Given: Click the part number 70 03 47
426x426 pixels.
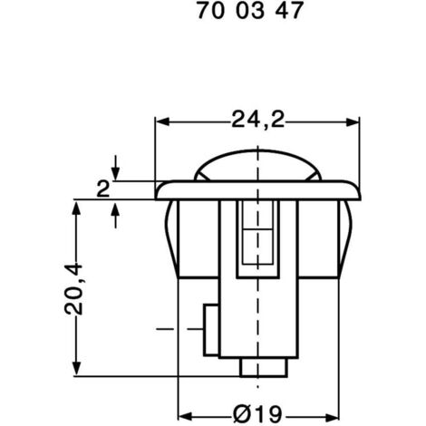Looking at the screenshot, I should tap(239, 14).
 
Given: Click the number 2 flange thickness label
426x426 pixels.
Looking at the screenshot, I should tap(102, 189).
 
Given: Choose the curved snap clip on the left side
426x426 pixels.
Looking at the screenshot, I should tap(169, 236).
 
